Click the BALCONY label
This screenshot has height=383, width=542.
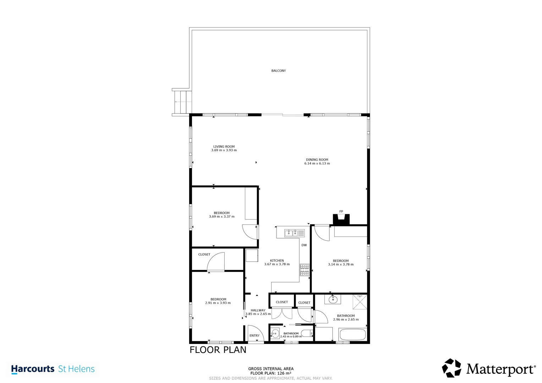click(x=278, y=71)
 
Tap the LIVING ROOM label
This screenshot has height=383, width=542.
click(x=224, y=146)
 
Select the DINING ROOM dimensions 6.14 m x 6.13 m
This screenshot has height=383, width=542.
click(x=317, y=163)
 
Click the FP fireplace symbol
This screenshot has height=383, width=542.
click(x=341, y=219)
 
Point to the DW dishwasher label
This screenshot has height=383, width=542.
click(x=304, y=245)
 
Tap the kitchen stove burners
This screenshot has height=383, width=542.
click(x=305, y=270)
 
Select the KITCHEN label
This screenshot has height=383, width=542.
click(x=277, y=261)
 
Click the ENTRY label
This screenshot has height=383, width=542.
click(x=254, y=335)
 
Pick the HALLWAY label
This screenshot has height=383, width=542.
click(x=258, y=310)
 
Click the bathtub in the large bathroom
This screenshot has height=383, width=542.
click(x=352, y=334)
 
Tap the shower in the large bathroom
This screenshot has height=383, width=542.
click(x=360, y=301)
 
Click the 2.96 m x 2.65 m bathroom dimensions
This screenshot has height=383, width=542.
click(x=346, y=320)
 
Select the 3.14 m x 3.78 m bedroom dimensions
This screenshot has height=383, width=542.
click(x=341, y=265)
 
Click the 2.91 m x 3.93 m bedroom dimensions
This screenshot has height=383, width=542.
click(x=218, y=303)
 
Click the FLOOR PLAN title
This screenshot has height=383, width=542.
click(x=218, y=350)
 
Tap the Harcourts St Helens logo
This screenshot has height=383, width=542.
click(x=53, y=369)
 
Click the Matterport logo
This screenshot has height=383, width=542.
click(x=489, y=368)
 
